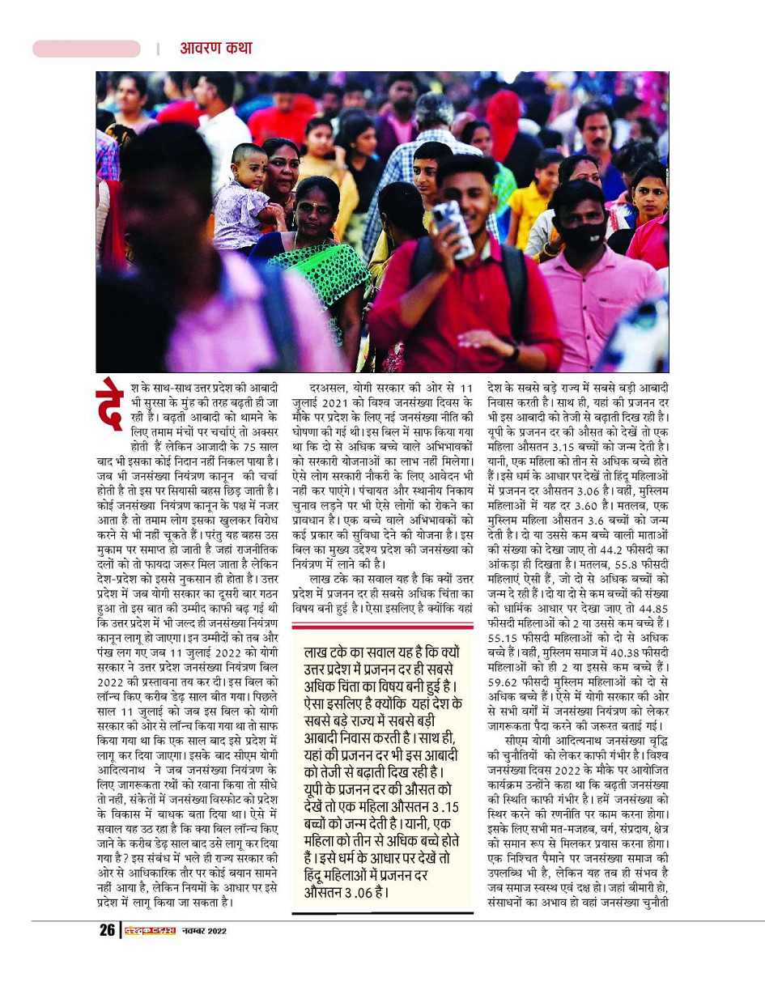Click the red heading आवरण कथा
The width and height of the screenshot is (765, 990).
point(215,49)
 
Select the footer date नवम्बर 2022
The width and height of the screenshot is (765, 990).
point(204,931)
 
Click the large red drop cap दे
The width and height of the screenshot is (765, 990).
point(110,402)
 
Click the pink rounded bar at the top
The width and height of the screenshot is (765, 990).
point(87,49)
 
